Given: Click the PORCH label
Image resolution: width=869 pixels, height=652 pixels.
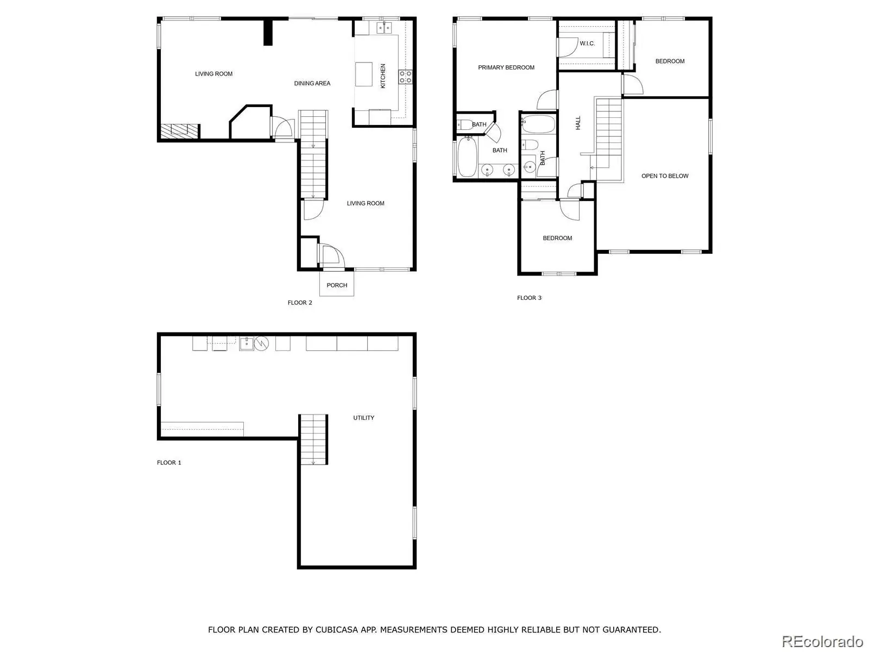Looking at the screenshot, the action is click(337, 285).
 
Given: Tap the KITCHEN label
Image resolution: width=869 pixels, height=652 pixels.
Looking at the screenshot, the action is click(383, 76).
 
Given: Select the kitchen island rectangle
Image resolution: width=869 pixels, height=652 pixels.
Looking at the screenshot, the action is click(363, 74).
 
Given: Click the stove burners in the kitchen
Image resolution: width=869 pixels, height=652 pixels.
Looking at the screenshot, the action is click(405, 77).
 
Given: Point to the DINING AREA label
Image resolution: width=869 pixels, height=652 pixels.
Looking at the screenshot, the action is click(312, 83).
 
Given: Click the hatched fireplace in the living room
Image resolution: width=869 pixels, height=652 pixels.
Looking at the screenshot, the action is click(179, 131).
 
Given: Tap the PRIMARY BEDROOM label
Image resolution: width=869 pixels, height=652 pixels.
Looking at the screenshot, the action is click(506, 67).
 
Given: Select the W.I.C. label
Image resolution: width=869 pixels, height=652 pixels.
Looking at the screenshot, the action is click(587, 43).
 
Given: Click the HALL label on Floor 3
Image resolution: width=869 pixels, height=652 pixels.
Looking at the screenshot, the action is click(578, 123).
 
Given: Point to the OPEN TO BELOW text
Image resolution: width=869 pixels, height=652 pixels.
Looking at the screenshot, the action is click(665, 175).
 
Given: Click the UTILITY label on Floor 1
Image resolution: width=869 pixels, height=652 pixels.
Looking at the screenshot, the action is click(363, 418).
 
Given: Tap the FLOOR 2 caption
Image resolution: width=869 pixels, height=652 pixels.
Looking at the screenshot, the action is click(300, 303).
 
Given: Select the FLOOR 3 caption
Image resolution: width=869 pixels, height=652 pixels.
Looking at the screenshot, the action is click(529, 298).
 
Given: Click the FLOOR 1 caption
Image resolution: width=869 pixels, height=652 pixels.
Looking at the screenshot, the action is click(169, 462).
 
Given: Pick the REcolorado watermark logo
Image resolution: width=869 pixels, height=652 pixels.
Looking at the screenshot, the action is click(822, 641).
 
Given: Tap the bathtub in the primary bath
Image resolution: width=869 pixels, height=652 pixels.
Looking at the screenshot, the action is click(467, 157).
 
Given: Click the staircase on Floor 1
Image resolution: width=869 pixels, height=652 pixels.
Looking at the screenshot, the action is click(313, 440).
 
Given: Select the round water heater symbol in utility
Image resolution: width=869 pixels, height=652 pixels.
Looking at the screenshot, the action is click(261, 343).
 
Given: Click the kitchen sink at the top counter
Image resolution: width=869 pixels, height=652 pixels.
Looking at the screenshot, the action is click(383, 28).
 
